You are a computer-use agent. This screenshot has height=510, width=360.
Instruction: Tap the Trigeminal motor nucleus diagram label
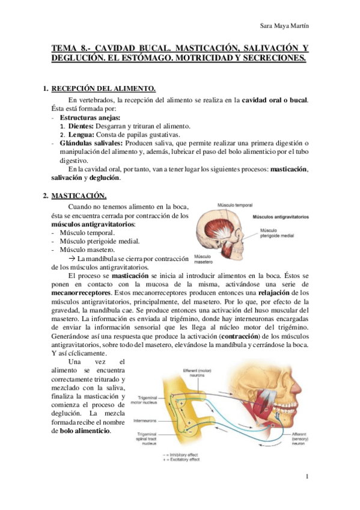pyautogui.click(x=145, y=400)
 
